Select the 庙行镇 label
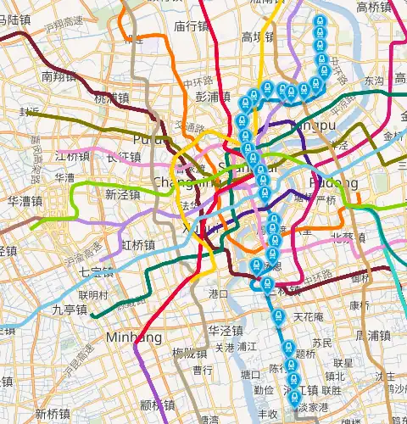tap(192, 27)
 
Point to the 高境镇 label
tap(257, 37)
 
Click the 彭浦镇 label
tap(213, 97)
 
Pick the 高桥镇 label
tap(374, 8)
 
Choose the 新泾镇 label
tap(122, 194)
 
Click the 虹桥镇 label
tap(138, 245)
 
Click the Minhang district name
tap(134, 338)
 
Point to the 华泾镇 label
tap(226, 331)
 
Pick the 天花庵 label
tap(309, 316)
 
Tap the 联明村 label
tap(93, 295)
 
